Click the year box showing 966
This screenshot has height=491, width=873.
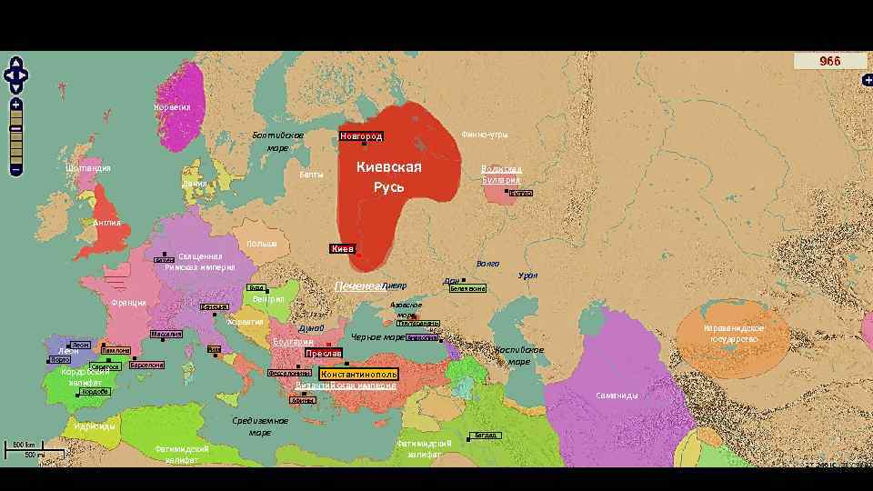click(830, 61)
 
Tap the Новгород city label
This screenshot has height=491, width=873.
click(361, 136)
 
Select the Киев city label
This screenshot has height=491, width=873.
click(342, 248)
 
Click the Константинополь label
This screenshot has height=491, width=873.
click(358, 374)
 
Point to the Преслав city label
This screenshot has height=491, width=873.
click(323, 353)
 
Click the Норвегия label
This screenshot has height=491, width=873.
click(172, 107)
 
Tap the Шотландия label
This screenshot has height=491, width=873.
click(88, 168)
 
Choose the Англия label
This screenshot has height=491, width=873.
click(107, 223)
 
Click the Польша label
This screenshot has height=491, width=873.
click(261, 244)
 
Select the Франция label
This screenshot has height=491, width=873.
click(128, 303)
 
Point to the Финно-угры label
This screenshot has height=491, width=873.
click(485, 135)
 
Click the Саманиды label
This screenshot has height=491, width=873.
click(617, 396)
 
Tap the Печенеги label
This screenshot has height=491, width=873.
click(358, 286)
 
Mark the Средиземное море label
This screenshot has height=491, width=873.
click(260, 426)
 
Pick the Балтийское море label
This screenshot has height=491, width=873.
click(278, 141)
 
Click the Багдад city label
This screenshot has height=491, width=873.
click(487, 436)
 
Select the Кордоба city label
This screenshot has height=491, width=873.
click(95, 392)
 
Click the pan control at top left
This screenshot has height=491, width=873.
click(16, 75)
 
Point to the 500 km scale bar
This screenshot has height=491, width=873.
click(25, 445)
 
